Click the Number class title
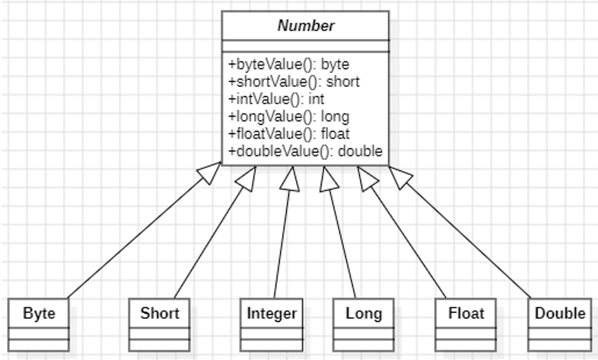pyautogui.click(x=306, y=26)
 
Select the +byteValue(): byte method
pyautogui.click(x=288, y=64)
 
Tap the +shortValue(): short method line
pyautogui.click(x=294, y=81)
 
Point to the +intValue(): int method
pyautogui.click(x=276, y=99)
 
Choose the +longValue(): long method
pyautogui.click(x=288, y=116)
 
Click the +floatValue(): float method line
pyautogui.click(x=288, y=134)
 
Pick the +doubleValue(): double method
pyautogui.click(x=305, y=151)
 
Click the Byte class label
pyautogui.click(x=39, y=314)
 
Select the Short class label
pyautogui.click(x=160, y=314)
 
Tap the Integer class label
pyautogui.click(x=272, y=314)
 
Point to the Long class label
pyautogui.click(x=364, y=314)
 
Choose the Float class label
pyautogui.click(x=466, y=314)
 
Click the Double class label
pyautogui.click(x=560, y=314)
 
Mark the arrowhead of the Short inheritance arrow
pyautogui.click(x=247, y=178)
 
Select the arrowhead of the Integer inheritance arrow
pyautogui.click(x=290, y=178)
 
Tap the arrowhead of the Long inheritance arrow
pyautogui.click(x=329, y=178)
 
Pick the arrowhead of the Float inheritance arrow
pyautogui.click(x=367, y=178)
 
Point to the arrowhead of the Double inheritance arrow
pyautogui.click(x=400, y=177)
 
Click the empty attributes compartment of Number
pyautogui.click(x=306, y=46)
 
